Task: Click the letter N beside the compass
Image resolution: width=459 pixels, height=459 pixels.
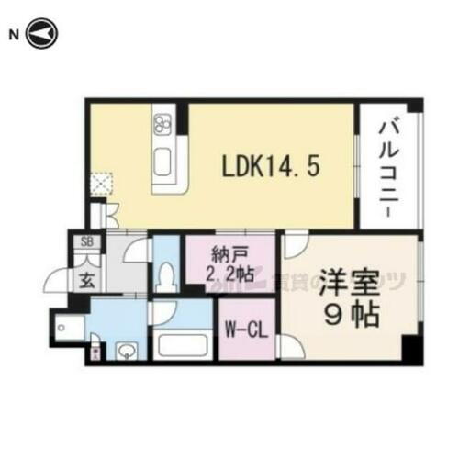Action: [x=13, y=35]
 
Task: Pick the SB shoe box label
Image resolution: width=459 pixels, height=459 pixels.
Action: [x=87, y=242]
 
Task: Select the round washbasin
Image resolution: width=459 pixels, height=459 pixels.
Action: [x=127, y=350]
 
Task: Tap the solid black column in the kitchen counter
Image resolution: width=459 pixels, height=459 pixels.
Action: [x=183, y=118]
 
